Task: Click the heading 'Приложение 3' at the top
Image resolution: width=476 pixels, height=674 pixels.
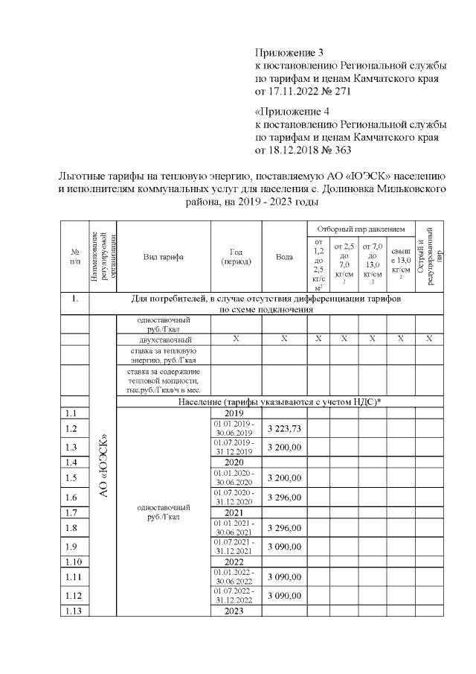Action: tap(289, 53)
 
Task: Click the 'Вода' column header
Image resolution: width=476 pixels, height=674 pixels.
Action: tap(284, 256)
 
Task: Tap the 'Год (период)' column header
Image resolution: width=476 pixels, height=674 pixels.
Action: tap(237, 256)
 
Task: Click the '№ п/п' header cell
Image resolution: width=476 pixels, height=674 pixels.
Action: tap(75, 256)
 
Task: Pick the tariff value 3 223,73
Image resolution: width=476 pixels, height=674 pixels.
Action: tap(284, 429)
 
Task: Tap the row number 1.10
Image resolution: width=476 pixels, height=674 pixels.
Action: tap(74, 562)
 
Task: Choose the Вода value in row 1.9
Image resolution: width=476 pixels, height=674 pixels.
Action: tap(284, 547)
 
